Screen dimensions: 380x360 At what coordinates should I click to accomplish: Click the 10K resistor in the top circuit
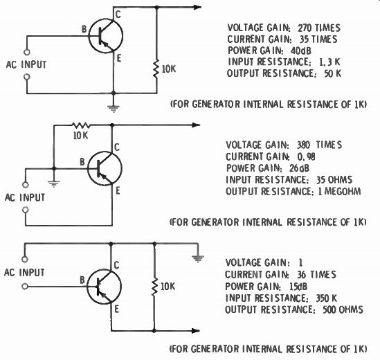[156, 69]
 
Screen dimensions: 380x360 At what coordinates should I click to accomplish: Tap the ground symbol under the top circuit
[114, 108]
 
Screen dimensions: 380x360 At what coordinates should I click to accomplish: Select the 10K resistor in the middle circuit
[81, 125]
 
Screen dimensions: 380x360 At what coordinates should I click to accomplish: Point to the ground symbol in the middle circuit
[54, 183]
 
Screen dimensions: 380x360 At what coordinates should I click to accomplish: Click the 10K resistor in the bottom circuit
[154, 287]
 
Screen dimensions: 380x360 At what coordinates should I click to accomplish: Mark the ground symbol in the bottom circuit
[198, 259]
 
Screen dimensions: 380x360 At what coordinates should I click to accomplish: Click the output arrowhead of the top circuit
[197, 8]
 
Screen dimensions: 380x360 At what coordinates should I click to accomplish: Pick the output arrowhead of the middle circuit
[196, 125]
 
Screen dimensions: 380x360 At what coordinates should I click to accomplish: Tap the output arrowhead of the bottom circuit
[196, 331]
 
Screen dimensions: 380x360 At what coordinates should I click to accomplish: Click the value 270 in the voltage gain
[305, 28]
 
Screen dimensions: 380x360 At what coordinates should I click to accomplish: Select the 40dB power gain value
[301, 51]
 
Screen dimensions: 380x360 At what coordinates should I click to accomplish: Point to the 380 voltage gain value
[304, 145]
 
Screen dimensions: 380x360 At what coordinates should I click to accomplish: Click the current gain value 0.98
[307, 156]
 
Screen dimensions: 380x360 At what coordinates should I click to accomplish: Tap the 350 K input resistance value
[327, 298]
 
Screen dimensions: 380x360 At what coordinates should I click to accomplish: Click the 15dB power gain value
[298, 287]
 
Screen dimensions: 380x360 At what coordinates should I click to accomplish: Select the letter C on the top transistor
[118, 15]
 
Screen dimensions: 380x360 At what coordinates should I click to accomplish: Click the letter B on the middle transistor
[82, 162]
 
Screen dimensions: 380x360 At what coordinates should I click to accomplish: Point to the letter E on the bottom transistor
[116, 309]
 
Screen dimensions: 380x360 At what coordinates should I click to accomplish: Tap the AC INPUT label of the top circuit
[26, 64]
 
